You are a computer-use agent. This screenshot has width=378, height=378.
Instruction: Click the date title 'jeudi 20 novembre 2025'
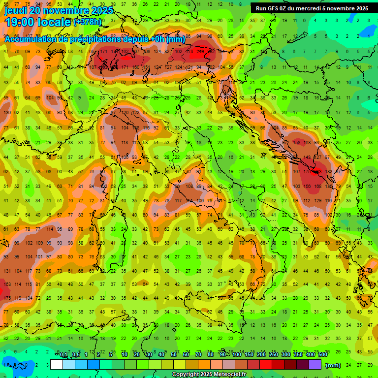point(59,10)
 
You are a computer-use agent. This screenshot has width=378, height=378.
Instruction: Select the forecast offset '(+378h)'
point(87,22)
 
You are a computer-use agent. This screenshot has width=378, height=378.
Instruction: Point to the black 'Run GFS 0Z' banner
point(312,8)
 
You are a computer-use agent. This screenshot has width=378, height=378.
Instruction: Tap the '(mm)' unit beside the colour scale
point(333,365)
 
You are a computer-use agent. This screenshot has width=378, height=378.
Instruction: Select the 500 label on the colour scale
point(322,355)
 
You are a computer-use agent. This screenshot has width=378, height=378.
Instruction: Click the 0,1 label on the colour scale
point(63,355)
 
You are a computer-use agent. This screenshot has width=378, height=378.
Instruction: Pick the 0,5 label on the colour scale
point(76,355)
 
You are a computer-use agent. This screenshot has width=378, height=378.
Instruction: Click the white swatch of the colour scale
point(57,365)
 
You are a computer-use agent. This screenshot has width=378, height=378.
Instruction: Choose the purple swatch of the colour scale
point(315,365)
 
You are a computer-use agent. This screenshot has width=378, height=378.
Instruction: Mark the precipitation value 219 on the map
point(200,52)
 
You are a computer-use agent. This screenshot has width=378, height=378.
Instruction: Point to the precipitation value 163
point(7,284)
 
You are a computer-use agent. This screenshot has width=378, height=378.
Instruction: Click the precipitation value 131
point(7,271)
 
